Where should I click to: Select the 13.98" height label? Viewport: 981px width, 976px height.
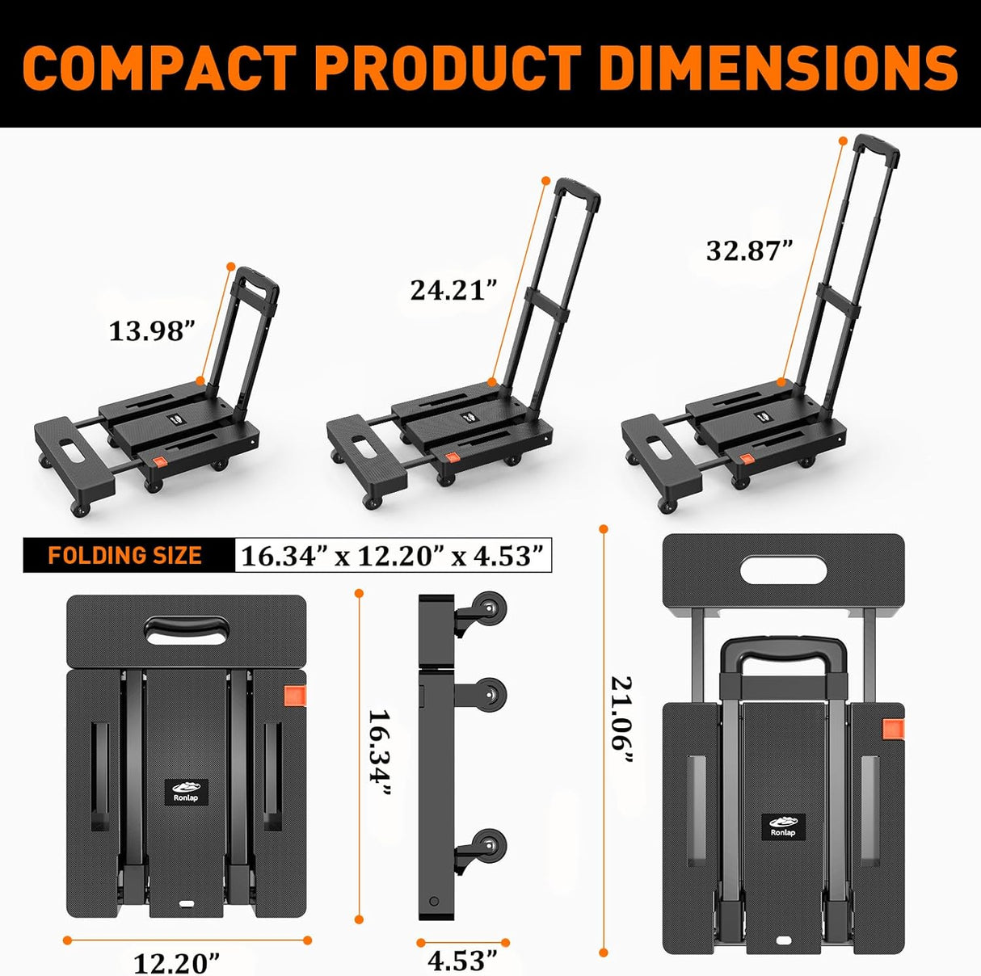coord(153,330)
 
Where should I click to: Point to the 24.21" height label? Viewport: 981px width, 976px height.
coord(453,289)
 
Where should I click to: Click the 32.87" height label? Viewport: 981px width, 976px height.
coord(749,250)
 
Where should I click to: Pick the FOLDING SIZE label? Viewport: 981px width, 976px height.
coord(125,556)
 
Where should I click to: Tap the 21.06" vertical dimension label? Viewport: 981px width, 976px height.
coord(622,719)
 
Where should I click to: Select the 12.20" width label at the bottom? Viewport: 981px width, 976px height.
coord(177,963)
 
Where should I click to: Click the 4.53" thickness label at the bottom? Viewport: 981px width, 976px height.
coord(462,961)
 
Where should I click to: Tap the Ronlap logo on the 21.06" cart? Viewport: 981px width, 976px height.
coord(782,827)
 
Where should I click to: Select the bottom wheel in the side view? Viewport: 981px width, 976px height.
coord(489,844)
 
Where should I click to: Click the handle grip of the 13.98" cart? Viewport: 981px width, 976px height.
coord(258,284)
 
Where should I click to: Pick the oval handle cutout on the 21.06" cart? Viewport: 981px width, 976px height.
coord(783,570)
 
